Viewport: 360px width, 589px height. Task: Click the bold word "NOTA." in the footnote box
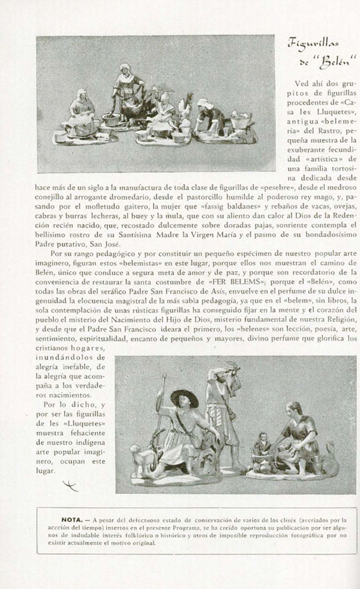74,519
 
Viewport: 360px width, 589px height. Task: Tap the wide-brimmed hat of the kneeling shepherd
184,397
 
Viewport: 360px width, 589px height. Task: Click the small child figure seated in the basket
262,449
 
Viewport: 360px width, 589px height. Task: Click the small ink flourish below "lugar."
70,486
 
